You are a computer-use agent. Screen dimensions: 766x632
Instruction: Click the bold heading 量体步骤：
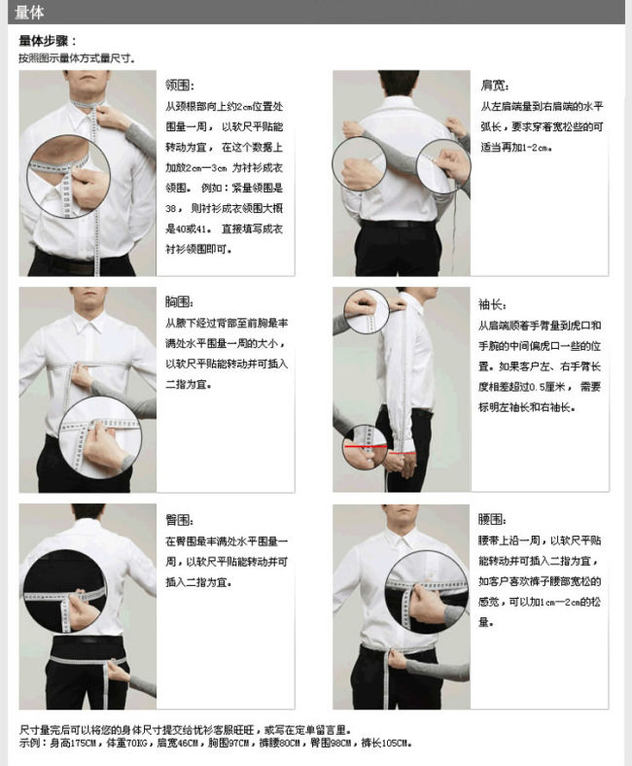[48, 41]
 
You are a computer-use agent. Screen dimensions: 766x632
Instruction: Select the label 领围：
[181, 85]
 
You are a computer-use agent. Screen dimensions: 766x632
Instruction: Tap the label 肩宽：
[495, 85]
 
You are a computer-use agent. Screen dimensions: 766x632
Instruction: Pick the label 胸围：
[180, 301]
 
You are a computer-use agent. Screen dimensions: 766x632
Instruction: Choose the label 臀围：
[180, 520]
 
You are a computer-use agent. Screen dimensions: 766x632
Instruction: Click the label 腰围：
[492, 520]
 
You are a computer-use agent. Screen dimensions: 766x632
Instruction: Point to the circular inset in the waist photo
[427, 594]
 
